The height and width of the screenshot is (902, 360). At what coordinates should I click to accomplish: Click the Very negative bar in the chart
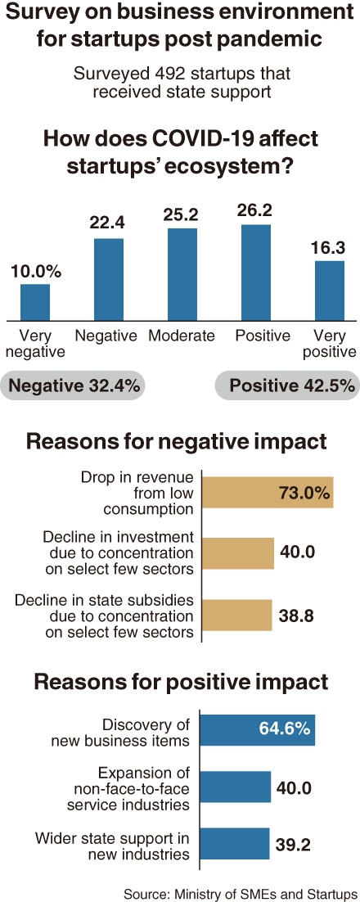pos(35,303)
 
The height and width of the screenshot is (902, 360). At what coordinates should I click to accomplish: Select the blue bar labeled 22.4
pos(109,280)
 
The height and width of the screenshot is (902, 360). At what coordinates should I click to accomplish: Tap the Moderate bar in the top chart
pos(182,274)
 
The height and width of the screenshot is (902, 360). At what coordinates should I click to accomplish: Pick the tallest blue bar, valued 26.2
pos(256,273)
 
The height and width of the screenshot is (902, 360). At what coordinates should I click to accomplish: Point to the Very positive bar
pos(330,291)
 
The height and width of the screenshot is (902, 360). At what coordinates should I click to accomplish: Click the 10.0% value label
pos(36,272)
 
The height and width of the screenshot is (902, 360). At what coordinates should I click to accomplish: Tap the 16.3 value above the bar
pos(330,249)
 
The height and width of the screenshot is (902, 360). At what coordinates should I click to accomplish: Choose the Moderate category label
pos(181,336)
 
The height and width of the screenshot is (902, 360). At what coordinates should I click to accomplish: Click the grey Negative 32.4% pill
pos(73,386)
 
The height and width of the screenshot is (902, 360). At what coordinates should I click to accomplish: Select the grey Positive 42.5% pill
pos(287,386)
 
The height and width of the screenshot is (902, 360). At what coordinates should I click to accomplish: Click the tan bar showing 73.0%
pos(269,493)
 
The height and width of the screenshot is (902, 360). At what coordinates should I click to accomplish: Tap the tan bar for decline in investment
pos(239,553)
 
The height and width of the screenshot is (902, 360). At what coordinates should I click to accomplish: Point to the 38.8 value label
pos(298,615)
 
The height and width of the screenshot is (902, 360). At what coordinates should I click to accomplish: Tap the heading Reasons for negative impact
pos(177,443)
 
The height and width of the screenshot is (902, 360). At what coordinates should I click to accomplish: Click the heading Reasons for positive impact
pos(181,683)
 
